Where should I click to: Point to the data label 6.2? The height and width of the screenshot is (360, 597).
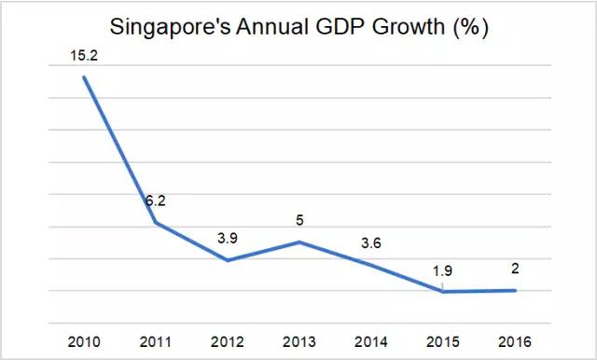(x=155, y=201)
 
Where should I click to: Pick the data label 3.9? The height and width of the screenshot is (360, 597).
(x=227, y=238)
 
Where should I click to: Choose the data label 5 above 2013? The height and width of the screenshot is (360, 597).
(x=298, y=221)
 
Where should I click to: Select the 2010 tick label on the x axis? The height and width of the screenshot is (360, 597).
(x=84, y=340)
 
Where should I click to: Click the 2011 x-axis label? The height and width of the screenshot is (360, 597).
(x=155, y=340)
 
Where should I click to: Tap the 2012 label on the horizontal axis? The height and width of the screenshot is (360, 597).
(x=227, y=340)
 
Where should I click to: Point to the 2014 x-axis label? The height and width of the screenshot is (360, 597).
(x=370, y=340)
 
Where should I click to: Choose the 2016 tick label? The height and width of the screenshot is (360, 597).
(x=514, y=340)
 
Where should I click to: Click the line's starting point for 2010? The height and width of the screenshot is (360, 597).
(x=84, y=76)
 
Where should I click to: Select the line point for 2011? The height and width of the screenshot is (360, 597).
(x=155, y=222)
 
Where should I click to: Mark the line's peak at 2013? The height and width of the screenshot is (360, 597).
(x=298, y=242)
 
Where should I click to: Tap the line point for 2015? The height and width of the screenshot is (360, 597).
(x=442, y=292)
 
